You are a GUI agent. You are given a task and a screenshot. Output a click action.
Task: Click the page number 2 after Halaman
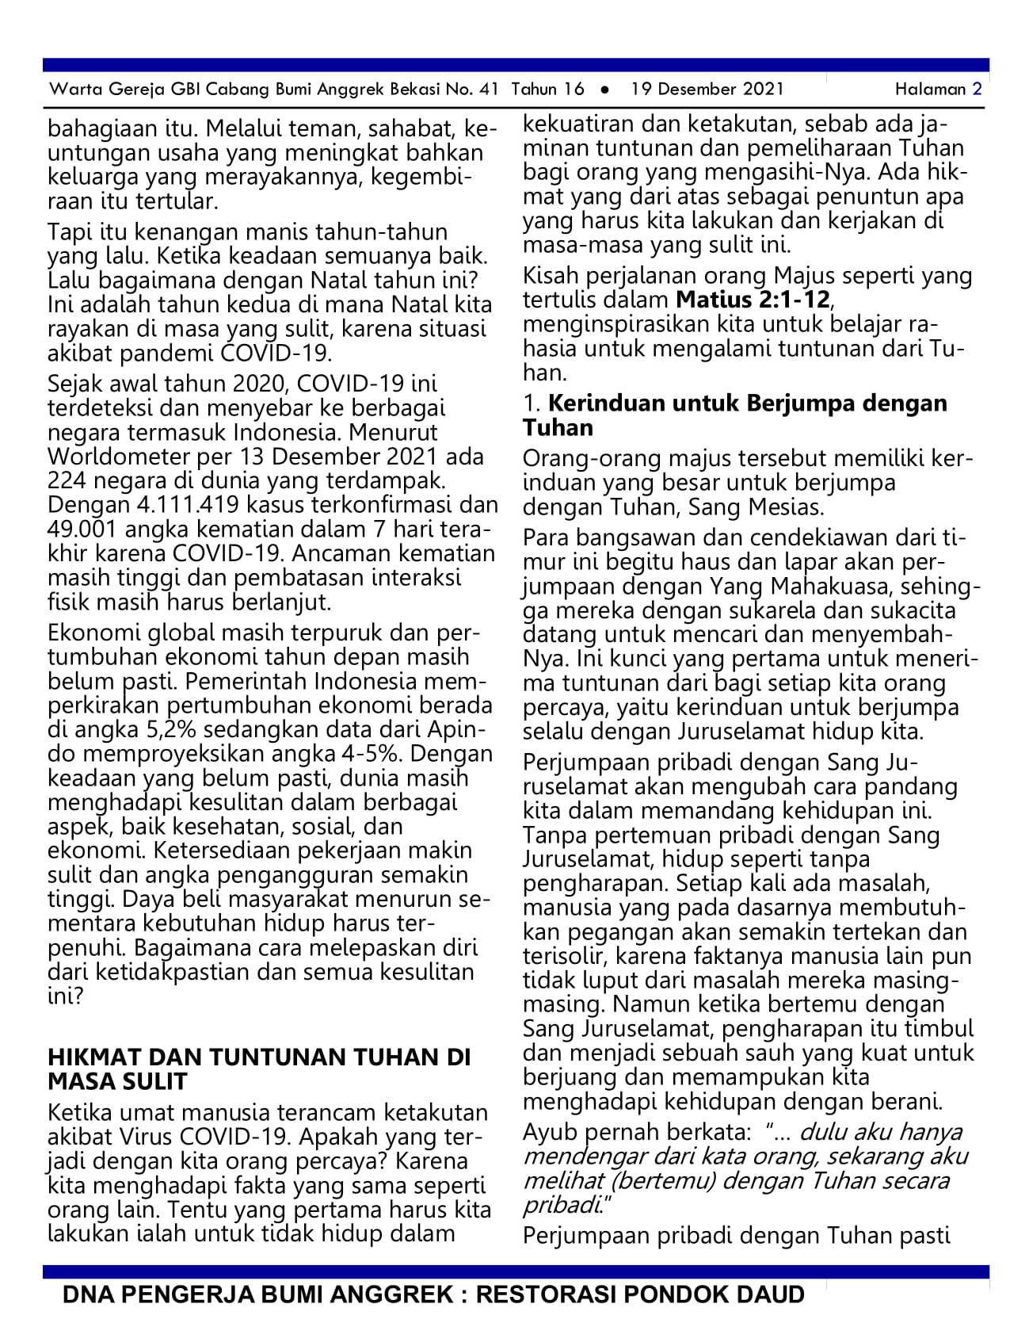click(977, 89)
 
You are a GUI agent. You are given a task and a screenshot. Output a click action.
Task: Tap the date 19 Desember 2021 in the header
click(707, 89)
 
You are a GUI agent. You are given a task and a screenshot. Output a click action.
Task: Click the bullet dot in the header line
click(605, 90)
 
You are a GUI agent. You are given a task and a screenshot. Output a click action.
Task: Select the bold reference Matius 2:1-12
click(753, 300)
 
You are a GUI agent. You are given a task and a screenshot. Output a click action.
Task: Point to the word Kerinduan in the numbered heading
click(607, 403)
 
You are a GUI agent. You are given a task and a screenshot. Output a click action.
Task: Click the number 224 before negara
click(71, 481)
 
